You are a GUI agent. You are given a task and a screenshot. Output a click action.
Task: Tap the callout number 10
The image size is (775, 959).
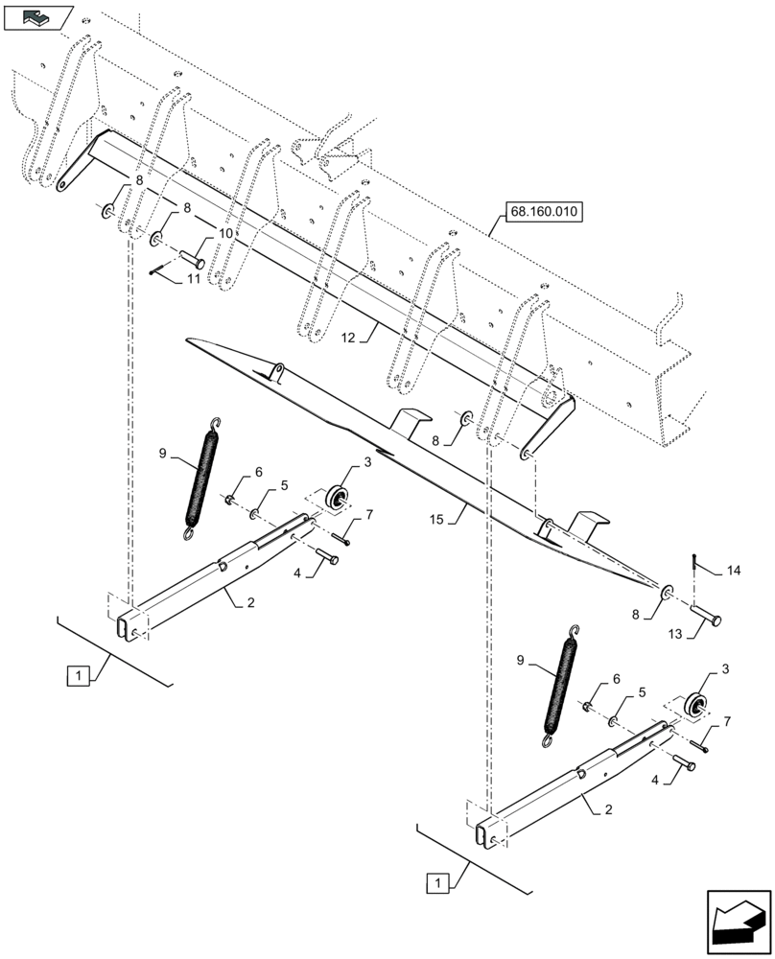223,233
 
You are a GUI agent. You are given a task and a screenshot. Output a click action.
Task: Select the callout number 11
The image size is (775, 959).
194,279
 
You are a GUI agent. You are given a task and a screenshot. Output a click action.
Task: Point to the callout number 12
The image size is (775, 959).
347,337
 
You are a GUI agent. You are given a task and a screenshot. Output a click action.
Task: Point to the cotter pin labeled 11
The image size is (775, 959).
157,271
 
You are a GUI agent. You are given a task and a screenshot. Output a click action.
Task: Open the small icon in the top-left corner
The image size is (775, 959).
38,16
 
